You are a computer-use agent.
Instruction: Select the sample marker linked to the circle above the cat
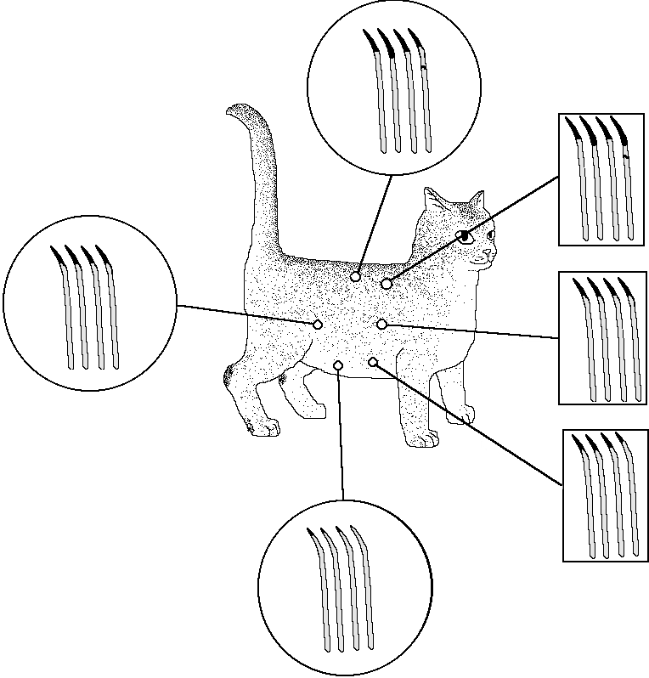[355, 277]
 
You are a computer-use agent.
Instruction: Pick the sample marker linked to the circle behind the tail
[317, 324]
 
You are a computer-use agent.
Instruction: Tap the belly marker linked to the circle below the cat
[338, 364]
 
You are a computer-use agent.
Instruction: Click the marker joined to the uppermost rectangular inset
[386, 283]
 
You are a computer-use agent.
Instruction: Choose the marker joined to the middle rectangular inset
[382, 324]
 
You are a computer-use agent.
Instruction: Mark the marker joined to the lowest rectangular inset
[373, 362]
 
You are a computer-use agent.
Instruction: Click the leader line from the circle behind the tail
[246, 314]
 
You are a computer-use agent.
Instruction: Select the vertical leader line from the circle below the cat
[341, 433]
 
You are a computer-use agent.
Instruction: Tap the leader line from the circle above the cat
[374, 225]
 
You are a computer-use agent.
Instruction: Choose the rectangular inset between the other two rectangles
[602, 338]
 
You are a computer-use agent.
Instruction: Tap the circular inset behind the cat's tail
[89, 303]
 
